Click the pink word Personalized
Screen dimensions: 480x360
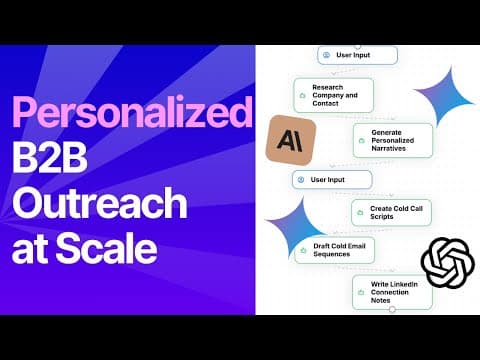click(132, 112)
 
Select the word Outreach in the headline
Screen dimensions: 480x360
click(100, 202)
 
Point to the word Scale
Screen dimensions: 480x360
click(106, 248)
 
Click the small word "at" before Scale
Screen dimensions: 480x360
click(31, 250)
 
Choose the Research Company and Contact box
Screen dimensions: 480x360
click(333, 95)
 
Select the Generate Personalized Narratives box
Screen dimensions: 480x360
click(393, 140)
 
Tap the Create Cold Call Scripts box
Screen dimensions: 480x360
click(391, 212)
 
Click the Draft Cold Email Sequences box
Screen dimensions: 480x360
click(335, 250)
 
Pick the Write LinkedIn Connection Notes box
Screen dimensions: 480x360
click(392, 292)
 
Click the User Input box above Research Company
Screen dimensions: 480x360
click(357, 55)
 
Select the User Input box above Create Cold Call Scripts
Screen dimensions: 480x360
click(332, 180)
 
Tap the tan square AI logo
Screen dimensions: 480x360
click(291, 140)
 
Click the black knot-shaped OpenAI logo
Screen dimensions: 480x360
click(447, 263)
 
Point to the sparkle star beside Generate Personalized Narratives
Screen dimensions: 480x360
click(444, 97)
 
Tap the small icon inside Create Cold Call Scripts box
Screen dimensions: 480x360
click(360, 212)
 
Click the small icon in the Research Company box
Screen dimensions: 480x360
click(303, 96)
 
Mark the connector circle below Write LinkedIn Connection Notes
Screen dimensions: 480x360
click(392, 310)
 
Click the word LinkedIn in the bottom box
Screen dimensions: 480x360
click(403, 284)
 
